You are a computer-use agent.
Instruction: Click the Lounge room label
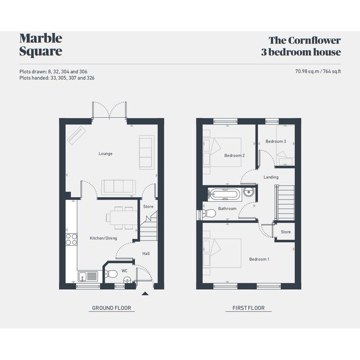pyautogui.click(x=106, y=154)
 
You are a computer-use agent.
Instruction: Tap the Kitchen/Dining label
pyautogui.click(x=103, y=238)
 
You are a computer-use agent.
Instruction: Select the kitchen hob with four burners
pyautogui.click(x=71, y=239)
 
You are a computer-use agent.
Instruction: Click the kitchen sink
pyautogui.click(x=88, y=276)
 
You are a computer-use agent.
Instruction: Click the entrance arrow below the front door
pyautogui.click(x=145, y=293)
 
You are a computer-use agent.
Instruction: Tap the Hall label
pyautogui.click(x=146, y=253)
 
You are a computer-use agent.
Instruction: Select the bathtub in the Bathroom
pyautogui.click(x=224, y=195)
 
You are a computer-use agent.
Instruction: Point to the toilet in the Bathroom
pyautogui.click(x=207, y=213)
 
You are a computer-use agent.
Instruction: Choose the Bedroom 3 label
pyautogui.click(x=276, y=141)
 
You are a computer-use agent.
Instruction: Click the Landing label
pyautogui.click(x=271, y=177)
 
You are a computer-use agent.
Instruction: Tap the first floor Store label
pyautogui.click(x=286, y=232)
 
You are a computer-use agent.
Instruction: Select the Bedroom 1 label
pyautogui.click(x=259, y=259)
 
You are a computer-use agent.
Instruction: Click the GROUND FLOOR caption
pyautogui.click(x=112, y=308)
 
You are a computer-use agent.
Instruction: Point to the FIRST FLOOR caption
pyautogui.click(x=248, y=308)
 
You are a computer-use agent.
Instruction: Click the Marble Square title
pyautogui.click(x=41, y=45)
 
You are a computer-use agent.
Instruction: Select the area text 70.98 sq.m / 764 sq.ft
pyautogui.click(x=318, y=71)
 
